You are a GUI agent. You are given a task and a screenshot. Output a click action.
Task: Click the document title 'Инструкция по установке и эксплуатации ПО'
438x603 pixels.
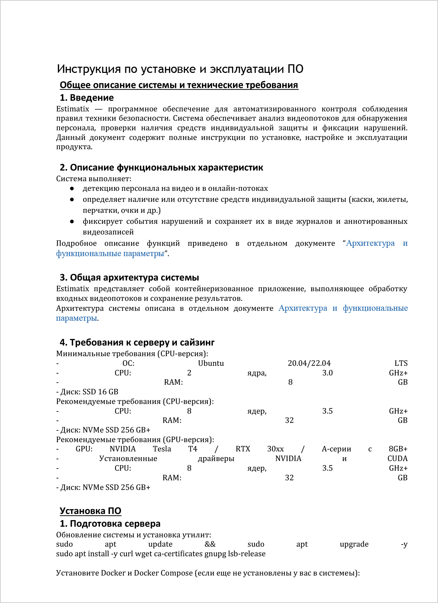point(180,69)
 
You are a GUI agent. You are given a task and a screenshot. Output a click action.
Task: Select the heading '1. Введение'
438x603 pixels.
point(87,98)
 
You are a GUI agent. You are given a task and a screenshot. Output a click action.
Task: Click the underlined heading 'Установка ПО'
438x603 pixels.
point(90,511)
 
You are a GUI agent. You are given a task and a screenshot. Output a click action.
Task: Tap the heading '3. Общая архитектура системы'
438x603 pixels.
point(129,278)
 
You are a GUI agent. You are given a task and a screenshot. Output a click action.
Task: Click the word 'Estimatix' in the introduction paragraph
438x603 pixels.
point(72,109)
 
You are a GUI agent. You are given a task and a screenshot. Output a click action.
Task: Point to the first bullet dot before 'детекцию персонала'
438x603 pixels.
point(72,188)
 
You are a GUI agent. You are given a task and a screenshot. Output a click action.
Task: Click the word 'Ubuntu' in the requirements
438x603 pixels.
point(211,363)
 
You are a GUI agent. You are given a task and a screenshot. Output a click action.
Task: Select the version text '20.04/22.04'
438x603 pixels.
point(309,363)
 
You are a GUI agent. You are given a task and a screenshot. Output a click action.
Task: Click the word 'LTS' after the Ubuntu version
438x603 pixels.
point(401,363)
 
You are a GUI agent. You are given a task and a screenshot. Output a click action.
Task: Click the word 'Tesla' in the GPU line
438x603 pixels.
point(162,449)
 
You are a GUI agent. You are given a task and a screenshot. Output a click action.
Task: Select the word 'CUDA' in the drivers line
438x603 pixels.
point(397,459)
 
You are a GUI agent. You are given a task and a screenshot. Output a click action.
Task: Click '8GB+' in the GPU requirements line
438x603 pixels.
point(398,449)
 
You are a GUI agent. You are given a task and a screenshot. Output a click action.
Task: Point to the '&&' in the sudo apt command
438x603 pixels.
point(210,544)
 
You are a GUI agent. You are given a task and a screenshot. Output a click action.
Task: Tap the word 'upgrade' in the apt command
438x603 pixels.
point(354,544)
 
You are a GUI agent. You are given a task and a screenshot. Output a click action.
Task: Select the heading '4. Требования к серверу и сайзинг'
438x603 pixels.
point(137,343)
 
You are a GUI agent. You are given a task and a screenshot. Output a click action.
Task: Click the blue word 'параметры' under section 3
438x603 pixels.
point(76,318)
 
